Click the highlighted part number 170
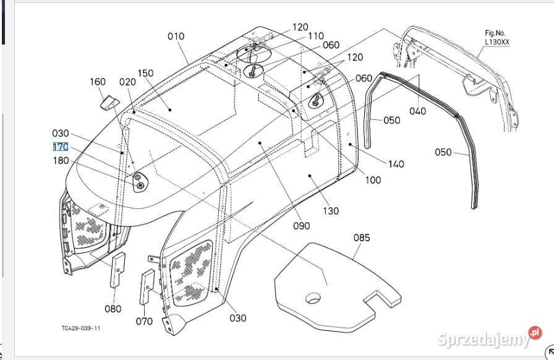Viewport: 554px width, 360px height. (60, 147)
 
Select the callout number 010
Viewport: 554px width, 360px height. (176, 36)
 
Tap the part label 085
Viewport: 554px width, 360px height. (362, 238)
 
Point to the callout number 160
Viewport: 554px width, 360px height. (98, 82)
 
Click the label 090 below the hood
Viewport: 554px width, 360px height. (301, 226)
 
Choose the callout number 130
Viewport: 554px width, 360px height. (331, 211)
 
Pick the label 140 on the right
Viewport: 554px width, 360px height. (396, 164)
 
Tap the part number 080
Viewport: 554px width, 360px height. (113, 309)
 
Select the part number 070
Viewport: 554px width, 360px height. (144, 321)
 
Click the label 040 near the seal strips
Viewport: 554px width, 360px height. (417, 111)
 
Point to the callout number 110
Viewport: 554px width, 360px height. (315, 36)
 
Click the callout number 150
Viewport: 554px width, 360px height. (145, 74)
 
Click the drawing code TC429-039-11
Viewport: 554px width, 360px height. (81, 328)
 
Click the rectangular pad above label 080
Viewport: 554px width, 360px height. (117, 270)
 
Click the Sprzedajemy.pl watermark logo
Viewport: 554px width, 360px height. (488, 338)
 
